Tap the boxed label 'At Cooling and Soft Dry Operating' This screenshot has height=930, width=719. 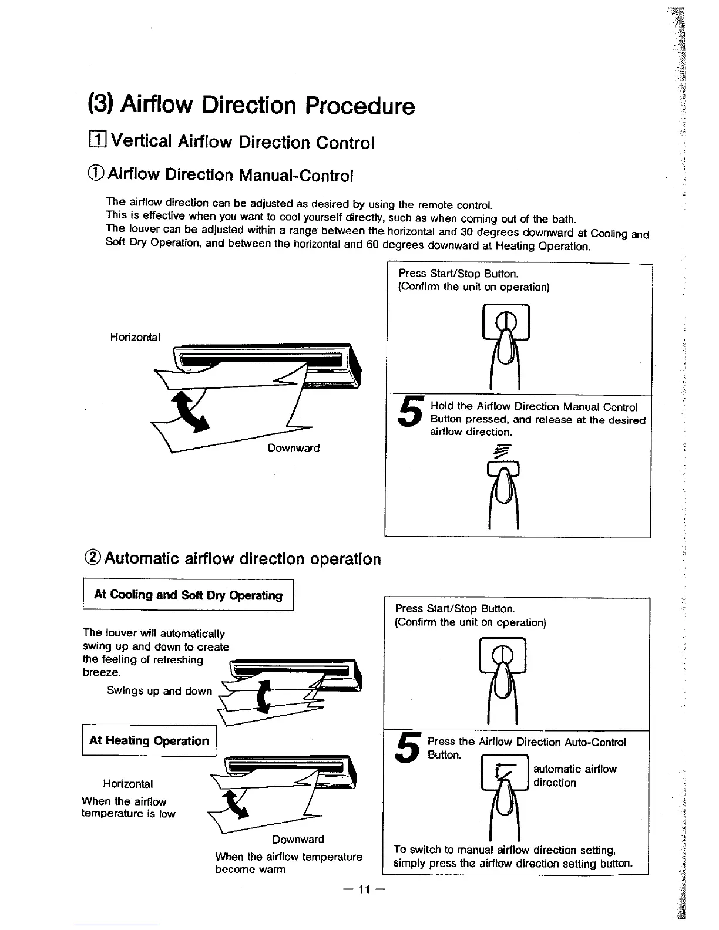tap(188, 595)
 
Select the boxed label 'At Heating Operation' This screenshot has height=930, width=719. tap(149, 741)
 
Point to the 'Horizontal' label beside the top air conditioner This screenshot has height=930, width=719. tap(135, 337)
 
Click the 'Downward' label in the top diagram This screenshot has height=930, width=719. tap(294, 448)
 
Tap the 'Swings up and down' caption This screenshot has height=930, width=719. tap(159, 691)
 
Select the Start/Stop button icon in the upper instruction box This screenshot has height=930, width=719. tap(505, 322)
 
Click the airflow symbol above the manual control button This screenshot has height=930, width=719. tap(503, 450)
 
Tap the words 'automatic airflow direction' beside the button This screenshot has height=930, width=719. tap(574, 776)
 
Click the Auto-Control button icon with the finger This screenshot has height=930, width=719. tap(505, 775)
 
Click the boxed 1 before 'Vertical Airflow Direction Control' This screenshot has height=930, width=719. tap(96, 141)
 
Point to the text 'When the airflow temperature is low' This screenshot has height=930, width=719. tap(128, 807)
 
